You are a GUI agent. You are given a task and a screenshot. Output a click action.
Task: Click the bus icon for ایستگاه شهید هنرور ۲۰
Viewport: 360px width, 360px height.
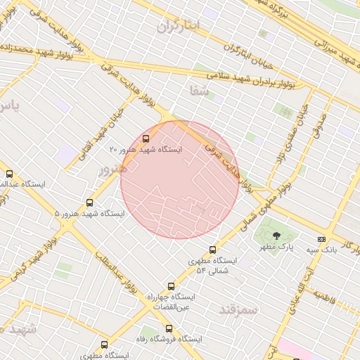point(146,139)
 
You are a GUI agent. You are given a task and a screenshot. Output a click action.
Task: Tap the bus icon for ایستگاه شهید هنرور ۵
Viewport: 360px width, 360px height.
point(89,202)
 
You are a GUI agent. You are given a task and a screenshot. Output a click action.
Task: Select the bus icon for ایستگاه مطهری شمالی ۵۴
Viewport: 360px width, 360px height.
point(213,250)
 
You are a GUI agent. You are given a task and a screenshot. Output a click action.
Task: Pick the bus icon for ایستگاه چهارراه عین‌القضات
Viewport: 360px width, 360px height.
point(171,286)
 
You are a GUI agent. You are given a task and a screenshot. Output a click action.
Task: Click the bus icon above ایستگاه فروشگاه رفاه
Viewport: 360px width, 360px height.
point(168,328)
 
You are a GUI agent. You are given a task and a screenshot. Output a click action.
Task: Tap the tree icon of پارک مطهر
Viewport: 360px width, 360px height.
point(275,236)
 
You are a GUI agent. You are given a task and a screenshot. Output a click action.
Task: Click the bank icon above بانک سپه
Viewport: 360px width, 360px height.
point(321,239)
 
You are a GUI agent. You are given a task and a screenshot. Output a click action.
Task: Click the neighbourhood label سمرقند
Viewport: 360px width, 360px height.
point(238,309)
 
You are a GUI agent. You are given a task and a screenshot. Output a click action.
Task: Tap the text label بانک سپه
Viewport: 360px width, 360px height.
point(321,250)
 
